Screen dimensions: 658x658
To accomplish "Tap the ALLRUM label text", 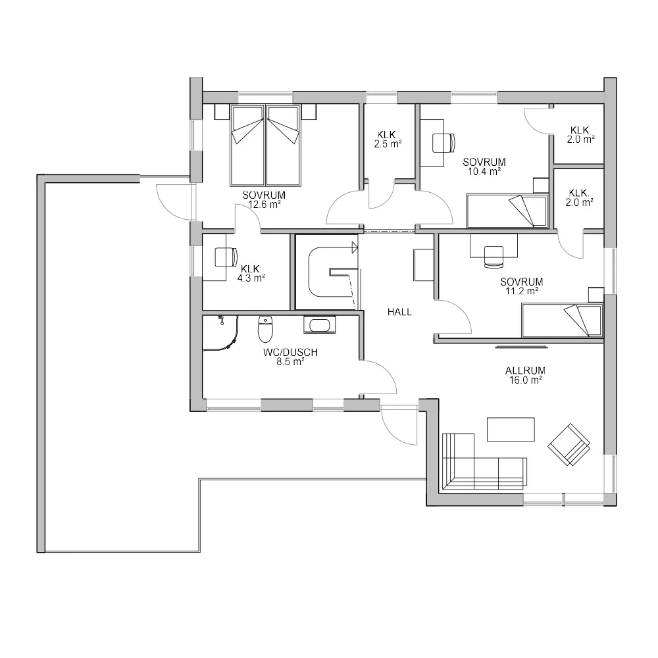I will (x=526, y=370).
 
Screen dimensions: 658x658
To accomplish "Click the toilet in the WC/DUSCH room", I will (x=265, y=328).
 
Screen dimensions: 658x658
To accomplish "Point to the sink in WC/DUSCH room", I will (x=320, y=325).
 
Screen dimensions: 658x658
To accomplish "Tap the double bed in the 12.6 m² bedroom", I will (x=265, y=144).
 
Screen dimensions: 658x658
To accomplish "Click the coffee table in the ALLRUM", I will (x=511, y=429).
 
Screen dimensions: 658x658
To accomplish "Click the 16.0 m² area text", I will (x=526, y=380).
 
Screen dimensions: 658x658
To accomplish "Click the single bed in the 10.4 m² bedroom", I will (x=507, y=210).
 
